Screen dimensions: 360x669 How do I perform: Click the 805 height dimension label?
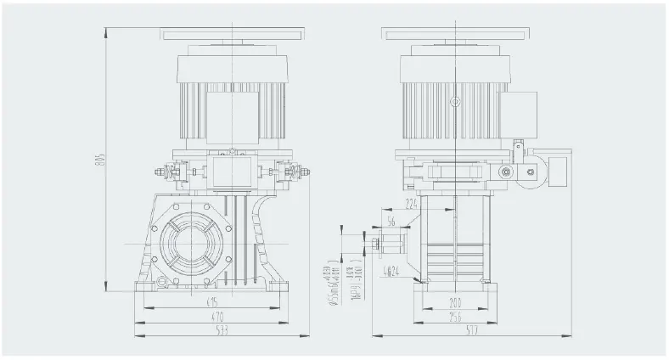(98, 164)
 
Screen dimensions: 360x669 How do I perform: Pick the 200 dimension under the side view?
(457, 301)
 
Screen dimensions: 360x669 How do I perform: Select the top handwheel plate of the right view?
(456, 34)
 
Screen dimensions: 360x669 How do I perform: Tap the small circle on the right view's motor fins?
(455, 101)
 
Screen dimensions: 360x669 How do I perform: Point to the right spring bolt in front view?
(298, 177)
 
